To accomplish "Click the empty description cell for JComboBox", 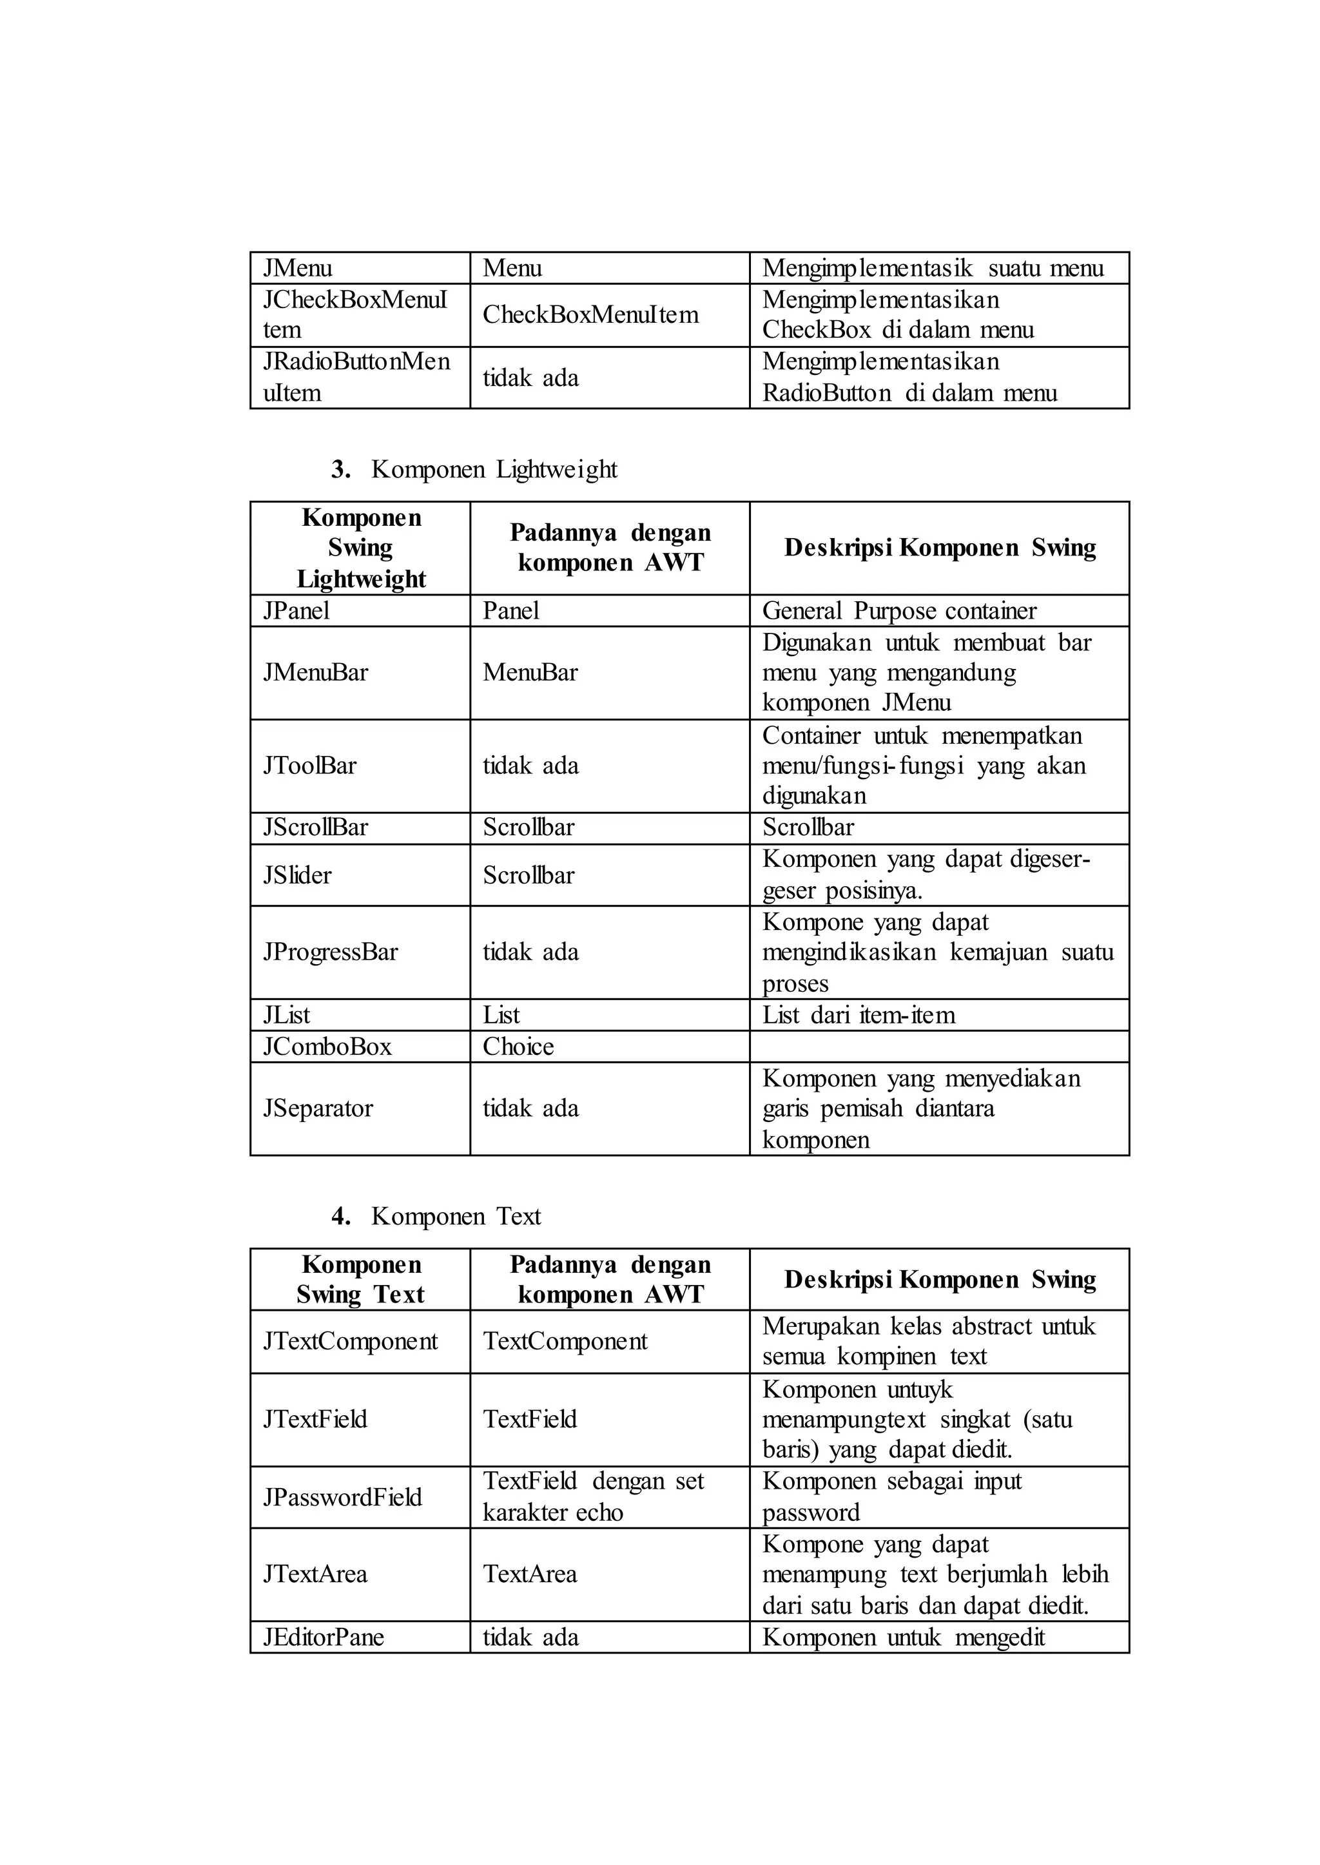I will [x=939, y=1047].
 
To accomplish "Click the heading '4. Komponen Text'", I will [x=436, y=1217].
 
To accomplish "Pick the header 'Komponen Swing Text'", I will [x=360, y=1280].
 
